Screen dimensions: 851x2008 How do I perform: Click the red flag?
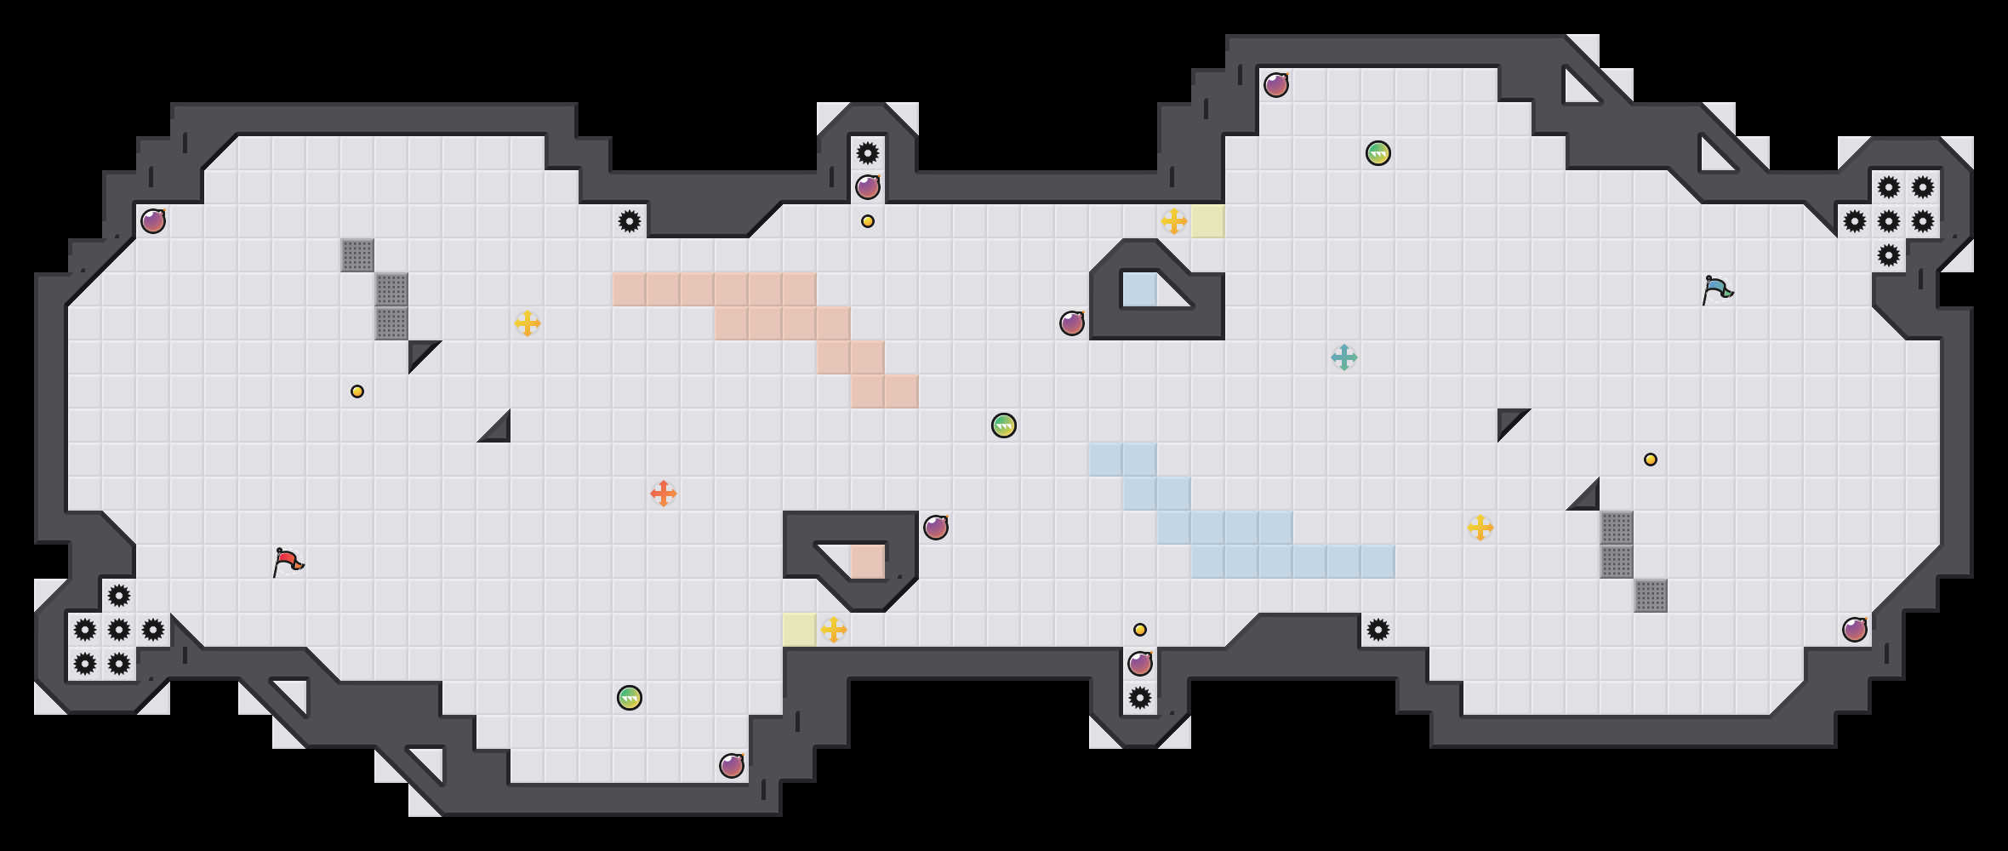[x=288, y=562]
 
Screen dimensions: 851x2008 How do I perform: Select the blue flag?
[x=1717, y=289]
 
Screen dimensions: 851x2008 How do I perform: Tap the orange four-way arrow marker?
[x=664, y=494]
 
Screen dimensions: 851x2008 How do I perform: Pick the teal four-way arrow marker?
[x=1344, y=357]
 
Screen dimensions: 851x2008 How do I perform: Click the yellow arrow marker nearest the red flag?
[x=528, y=323]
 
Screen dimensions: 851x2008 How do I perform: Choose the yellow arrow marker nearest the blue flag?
[x=1480, y=528]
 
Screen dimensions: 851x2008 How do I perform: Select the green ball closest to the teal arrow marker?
[x=1378, y=153]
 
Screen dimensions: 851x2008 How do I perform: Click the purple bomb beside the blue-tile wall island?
[x=1072, y=323]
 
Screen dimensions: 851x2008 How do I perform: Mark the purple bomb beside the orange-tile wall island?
[x=936, y=528]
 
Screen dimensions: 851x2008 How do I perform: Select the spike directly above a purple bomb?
[x=868, y=153]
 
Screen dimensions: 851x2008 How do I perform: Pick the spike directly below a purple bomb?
[x=1140, y=698]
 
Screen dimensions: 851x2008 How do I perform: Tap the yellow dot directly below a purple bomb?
[x=868, y=221]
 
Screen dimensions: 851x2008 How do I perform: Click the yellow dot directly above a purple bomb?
[x=1140, y=630]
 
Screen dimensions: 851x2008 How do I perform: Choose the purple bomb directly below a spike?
[x=868, y=187]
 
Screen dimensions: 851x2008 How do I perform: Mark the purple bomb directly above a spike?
[x=1140, y=664]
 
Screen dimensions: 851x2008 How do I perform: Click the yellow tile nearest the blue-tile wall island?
[x=1208, y=221]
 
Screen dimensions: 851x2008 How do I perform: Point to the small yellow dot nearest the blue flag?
[x=1651, y=460]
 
